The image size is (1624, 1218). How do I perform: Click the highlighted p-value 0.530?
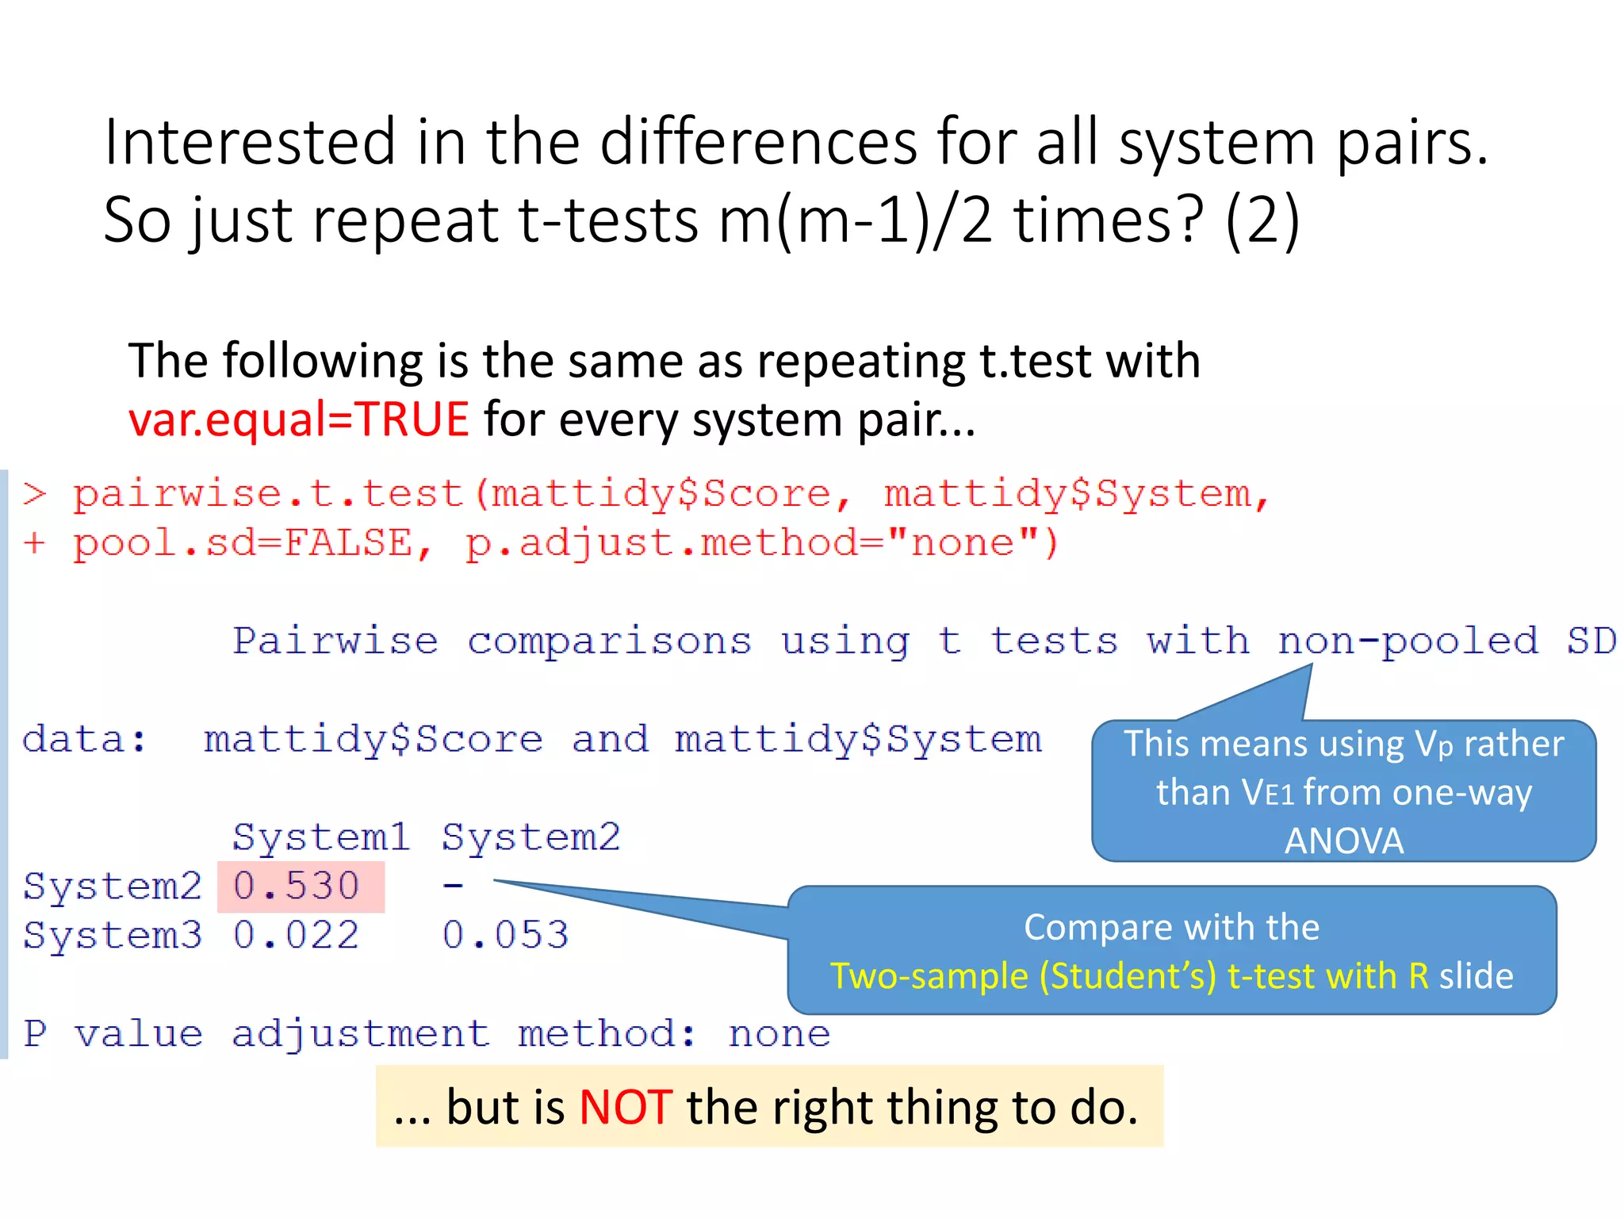pyautogui.click(x=297, y=887)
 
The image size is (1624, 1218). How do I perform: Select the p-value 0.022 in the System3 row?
pyautogui.click(x=297, y=936)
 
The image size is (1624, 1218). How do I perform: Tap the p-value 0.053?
pyautogui.click(x=506, y=936)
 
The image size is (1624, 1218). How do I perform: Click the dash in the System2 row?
pyautogui.click(x=453, y=885)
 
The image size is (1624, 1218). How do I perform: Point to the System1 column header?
pyautogui.click(x=321, y=837)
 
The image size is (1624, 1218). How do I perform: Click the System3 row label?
pyautogui.click(x=113, y=936)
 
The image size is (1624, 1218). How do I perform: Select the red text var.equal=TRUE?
pyautogui.click(x=299, y=419)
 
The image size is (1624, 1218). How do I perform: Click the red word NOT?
pyautogui.click(x=626, y=1108)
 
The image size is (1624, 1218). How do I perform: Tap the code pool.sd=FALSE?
pyautogui.click(x=243, y=544)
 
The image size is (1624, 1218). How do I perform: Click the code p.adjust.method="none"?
pyautogui.click(x=761, y=544)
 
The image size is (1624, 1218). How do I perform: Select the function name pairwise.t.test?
pyautogui.click(x=268, y=495)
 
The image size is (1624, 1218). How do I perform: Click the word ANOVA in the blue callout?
pyautogui.click(x=1344, y=841)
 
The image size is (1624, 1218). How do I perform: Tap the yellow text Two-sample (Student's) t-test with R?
pyautogui.click(x=1129, y=976)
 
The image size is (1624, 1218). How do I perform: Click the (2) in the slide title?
pyautogui.click(x=1262, y=220)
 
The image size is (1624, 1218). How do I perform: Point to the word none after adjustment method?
pyautogui.click(x=779, y=1034)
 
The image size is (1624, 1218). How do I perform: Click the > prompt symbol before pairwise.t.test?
pyautogui.click(x=35, y=495)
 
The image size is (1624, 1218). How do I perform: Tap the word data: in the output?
pyautogui.click(x=85, y=740)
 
